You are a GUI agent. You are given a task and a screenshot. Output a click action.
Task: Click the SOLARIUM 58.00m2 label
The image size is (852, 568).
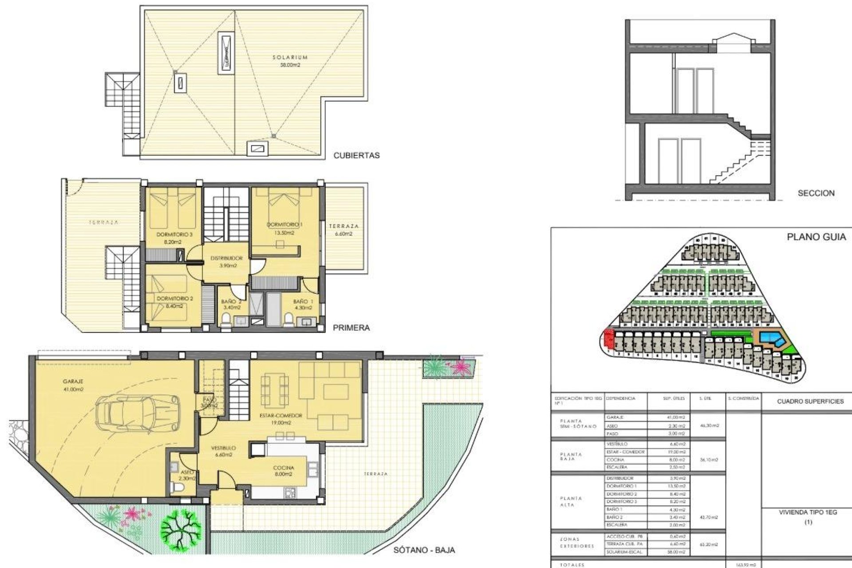pos(290,61)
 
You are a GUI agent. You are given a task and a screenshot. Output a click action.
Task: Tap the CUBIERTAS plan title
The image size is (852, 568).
pos(356,156)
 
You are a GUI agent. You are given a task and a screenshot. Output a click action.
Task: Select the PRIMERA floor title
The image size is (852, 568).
pos(351,328)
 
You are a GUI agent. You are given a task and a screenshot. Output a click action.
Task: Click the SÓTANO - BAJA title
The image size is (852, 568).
pos(424,550)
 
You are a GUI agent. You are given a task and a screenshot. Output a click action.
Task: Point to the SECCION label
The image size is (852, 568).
pos(816,193)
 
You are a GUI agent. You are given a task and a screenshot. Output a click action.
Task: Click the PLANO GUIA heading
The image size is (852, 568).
pos(816,237)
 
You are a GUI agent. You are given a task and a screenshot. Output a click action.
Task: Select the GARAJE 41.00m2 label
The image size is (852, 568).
pos(73,385)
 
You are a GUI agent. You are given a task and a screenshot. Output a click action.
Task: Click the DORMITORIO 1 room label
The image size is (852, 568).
pos(284,229)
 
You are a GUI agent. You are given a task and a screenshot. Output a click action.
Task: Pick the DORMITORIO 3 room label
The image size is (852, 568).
pos(174,238)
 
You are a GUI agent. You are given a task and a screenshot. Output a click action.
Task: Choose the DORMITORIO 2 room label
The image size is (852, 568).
pos(174,302)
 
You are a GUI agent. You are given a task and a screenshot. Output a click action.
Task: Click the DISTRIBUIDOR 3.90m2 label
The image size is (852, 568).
pos(226,262)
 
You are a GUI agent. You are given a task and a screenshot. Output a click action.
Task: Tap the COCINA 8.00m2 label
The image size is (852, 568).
pos(284,471)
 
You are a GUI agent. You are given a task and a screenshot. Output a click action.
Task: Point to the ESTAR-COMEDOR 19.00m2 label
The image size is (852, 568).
pos(281,419)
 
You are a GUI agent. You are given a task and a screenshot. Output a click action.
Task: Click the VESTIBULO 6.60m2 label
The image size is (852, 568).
pos(223,451)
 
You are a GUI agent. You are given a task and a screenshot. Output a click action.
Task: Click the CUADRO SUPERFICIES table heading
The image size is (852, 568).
pos(810,401)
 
